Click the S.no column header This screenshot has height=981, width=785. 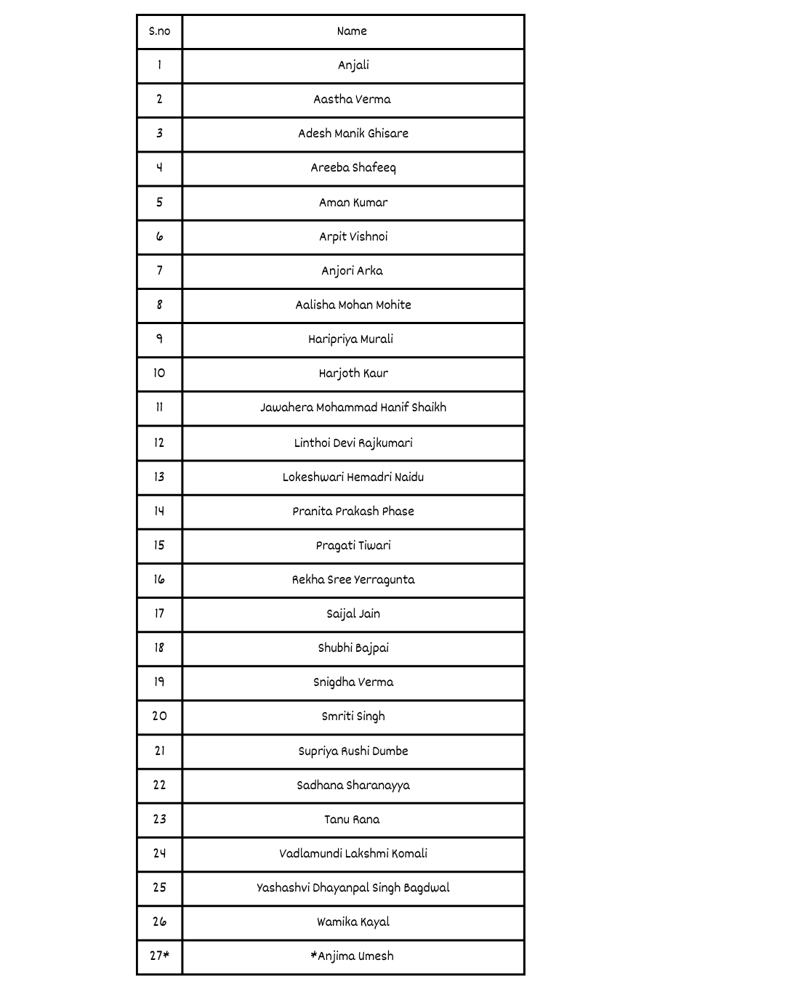click(x=159, y=31)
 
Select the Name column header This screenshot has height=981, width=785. click(x=352, y=31)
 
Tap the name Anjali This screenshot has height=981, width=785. click(x=353, y=65)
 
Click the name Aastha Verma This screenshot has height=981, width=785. click(x=352, y=100)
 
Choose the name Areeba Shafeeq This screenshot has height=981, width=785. click(x=353, y=168)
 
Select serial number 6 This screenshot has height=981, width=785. click(x=159, y=237)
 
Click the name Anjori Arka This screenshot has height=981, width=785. click(x=352, y=271)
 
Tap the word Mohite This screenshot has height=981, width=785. click(x=393, y=305)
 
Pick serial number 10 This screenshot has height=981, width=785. click(x=159, y=374)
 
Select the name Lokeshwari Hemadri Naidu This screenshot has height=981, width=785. click(x=353, y=477)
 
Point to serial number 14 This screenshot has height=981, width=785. click(x=159, y=512)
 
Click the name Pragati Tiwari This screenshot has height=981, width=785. click(x=353, y=546)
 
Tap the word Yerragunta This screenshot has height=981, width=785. click(x=385, y=580)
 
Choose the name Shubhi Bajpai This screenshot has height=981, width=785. click(x=353, y=648)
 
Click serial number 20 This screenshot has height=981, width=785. click(x=159, y=716)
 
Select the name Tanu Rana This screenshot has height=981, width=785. click(x=352, y=820)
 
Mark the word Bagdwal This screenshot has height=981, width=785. click(x=427, y=888)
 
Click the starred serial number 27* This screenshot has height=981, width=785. click(x=159, y=956)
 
